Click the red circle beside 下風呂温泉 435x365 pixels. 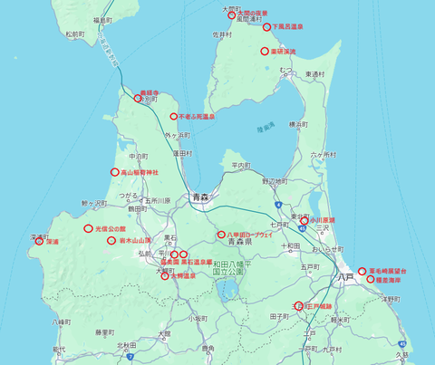pyautogui.click(x=267, y=27)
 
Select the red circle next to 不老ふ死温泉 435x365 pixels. pyautogui.click(x=173, y=117)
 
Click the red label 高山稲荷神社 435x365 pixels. pyautogui.click(x=140, y=172)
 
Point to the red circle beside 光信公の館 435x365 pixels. pyautogui.click(x=89, y=229)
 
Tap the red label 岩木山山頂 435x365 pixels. pyautogui.click(x=134, y=241)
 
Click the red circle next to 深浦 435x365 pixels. pyautogui.click(x=39, y=242)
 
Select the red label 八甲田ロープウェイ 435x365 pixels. pyautogui.click(x=249, y=235)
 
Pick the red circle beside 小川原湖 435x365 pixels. pyautogui.click(x=304, y=220)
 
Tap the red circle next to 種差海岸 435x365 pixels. pyautogui.click(x=372, y=280)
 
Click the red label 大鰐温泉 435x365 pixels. pyautogui.click(x=182, y=275)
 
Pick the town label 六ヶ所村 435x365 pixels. pyautogui.click(x=323, y=155)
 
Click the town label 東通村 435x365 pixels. pyautogui.click(x=315, y=74)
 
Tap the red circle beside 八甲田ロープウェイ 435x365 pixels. pyautogui.click(x=221, y=235)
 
